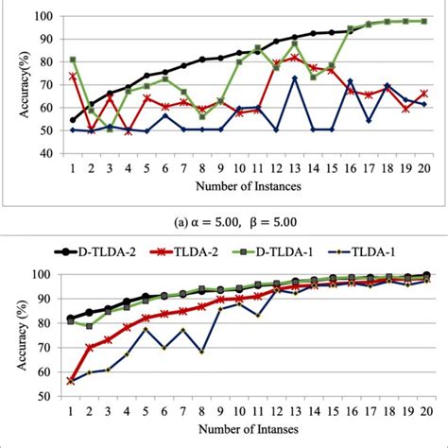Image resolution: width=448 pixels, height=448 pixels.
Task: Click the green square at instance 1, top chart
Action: tap(73, 60)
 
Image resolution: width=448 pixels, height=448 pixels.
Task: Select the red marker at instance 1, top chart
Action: tap(73, 77)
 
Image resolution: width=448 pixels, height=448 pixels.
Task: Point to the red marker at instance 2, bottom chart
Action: tap(91, 348)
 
